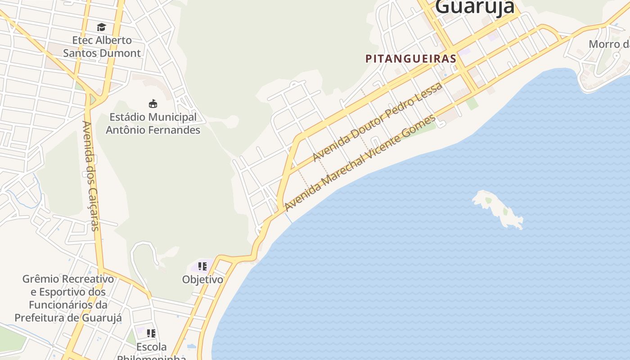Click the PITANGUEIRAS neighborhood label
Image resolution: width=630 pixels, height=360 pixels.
pos(411,58)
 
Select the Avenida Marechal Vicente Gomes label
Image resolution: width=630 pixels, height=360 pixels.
pos(360,163)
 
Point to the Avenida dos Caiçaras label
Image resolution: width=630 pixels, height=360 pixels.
pos(90,175)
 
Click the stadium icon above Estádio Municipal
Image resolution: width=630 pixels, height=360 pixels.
pos(153,104)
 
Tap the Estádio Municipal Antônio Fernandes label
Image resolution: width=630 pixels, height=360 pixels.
pos(153,123)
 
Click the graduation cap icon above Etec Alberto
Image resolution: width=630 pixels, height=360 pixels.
pos(101,27)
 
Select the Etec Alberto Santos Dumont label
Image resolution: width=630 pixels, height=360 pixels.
pos(102,46)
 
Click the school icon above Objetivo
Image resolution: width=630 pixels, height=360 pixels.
pos(202,266)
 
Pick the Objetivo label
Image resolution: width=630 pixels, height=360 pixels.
pos(202,279)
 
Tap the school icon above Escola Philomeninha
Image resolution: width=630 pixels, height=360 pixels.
pos(151,333)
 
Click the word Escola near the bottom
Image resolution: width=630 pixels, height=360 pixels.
pos(151,347)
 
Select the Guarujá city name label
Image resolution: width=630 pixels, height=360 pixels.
pos(475,7)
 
